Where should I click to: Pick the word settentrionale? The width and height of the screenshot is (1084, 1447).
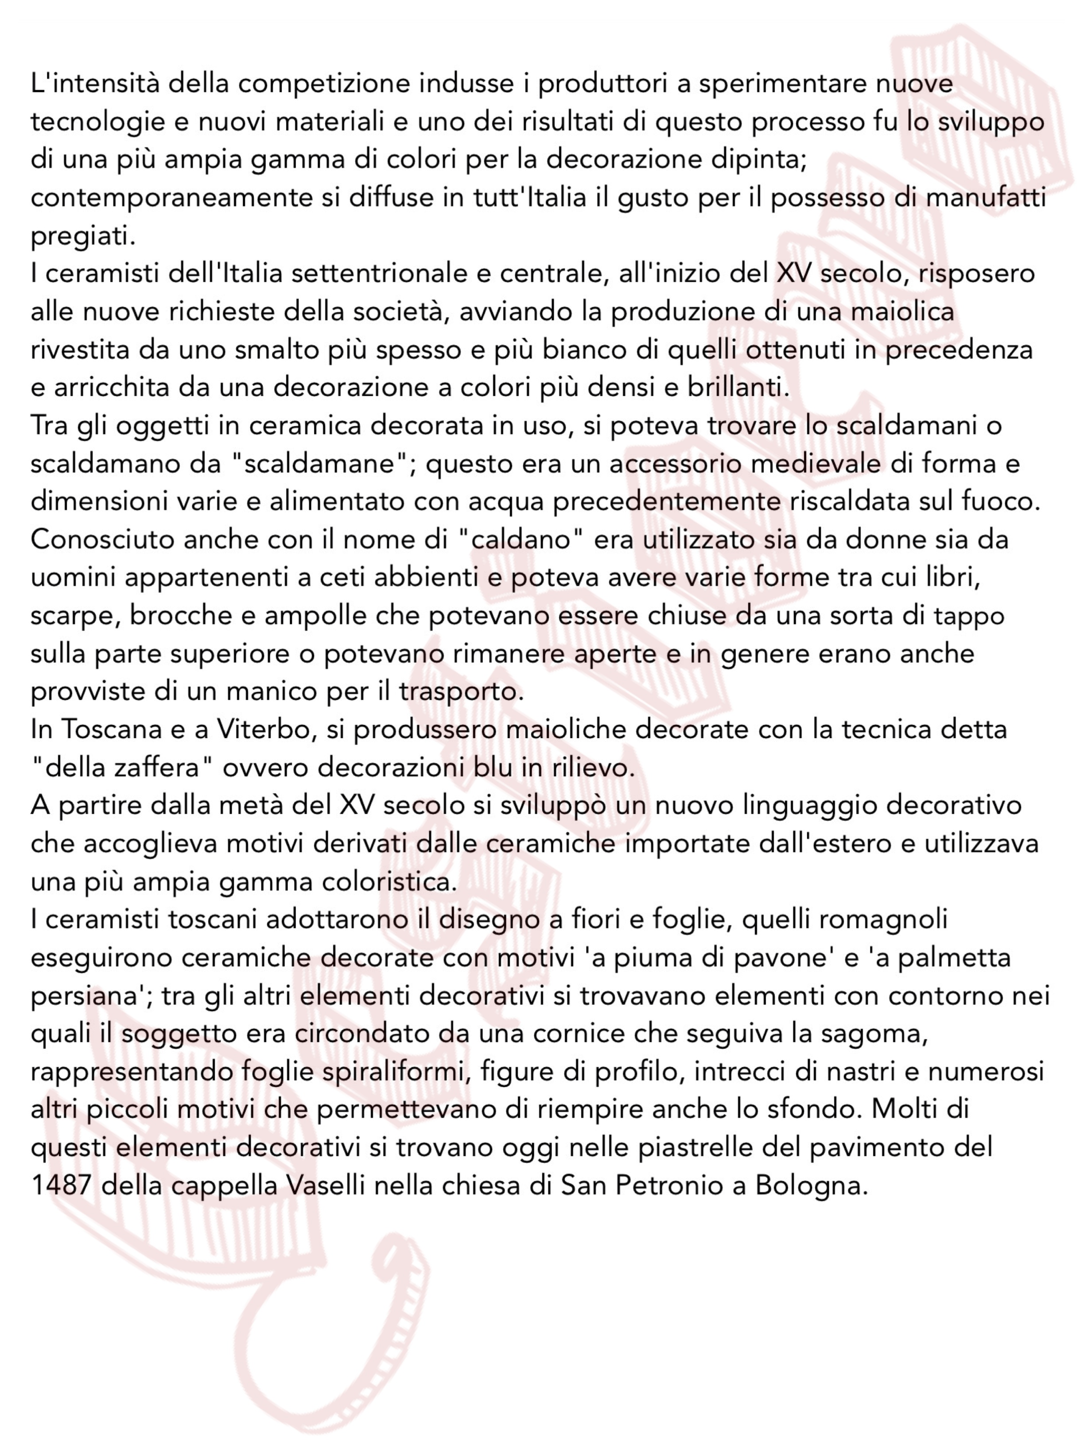click(379, 274)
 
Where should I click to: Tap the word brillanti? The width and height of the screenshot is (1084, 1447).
click(738, 388)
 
